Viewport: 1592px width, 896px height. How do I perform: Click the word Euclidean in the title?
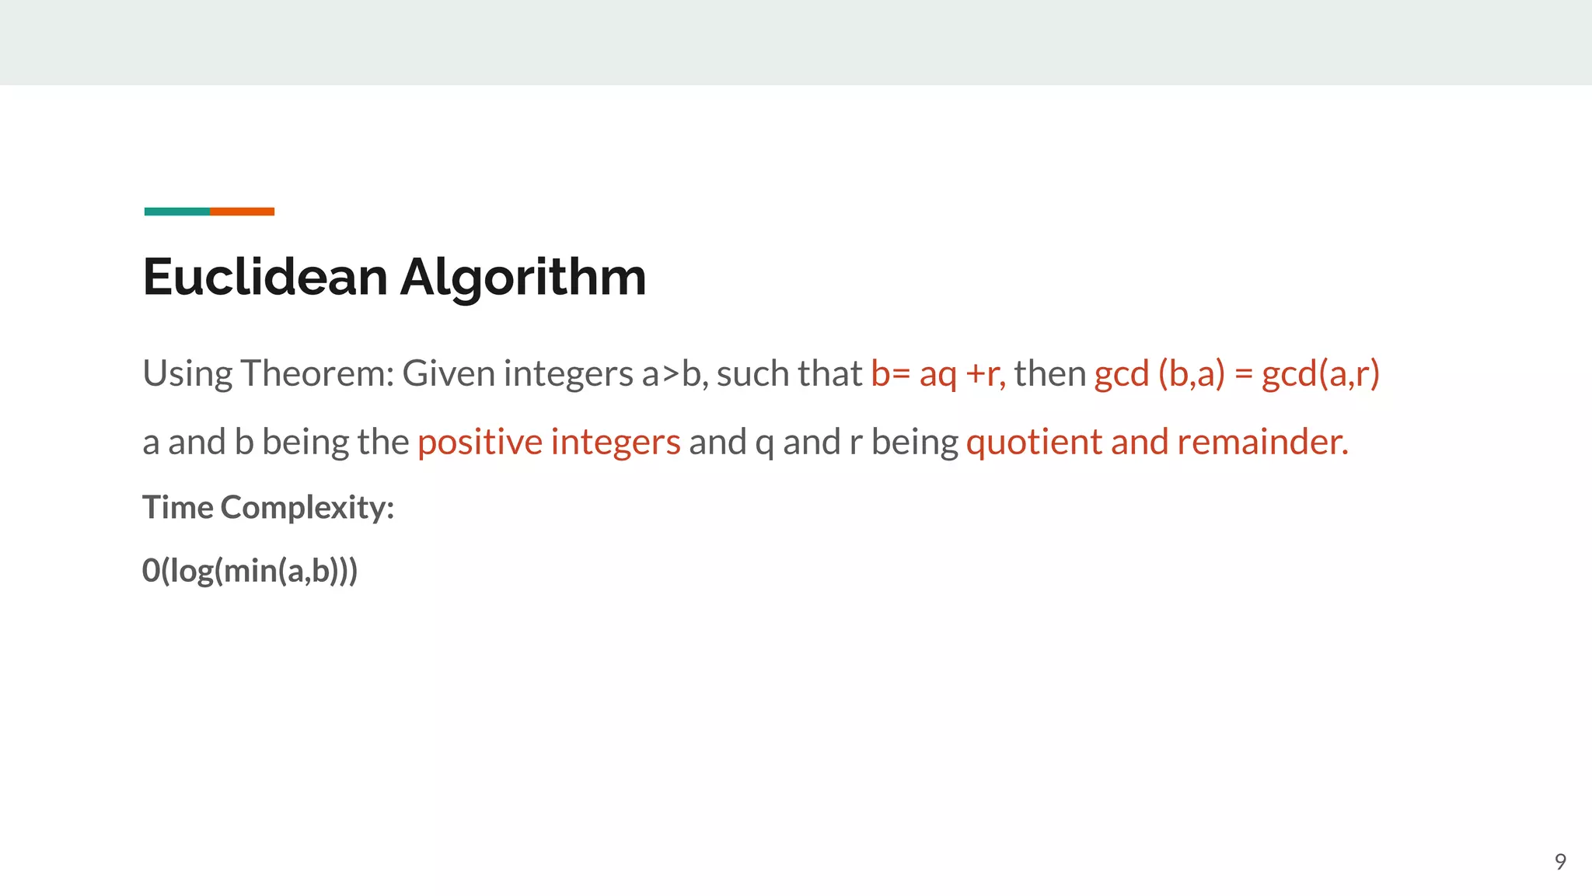point(265,277)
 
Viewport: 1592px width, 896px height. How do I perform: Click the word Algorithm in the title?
point(522,278)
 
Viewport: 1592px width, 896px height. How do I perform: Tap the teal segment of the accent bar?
point(176,212)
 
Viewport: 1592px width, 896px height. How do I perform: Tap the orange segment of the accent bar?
point(242,212)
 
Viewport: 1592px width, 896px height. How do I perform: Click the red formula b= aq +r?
point(937,374)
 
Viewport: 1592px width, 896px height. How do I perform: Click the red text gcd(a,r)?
point(1320,374)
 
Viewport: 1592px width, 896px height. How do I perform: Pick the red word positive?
point(480,442)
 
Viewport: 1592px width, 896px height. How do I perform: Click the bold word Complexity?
point(307,508)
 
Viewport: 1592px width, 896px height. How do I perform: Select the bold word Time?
point(178,507)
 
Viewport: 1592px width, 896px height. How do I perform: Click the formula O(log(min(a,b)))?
point(250,571)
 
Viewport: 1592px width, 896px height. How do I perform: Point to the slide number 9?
point(1559,862)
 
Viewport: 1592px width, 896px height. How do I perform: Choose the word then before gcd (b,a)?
point(1049,373)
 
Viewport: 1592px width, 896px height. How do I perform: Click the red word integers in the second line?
point(615,442)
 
